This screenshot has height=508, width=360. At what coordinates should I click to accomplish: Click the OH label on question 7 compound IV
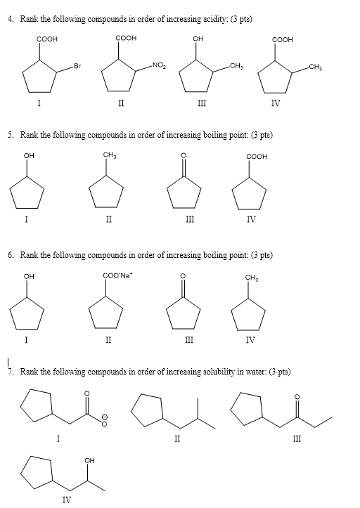(88, 461)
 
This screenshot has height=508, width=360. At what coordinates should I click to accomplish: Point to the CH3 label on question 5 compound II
(110, 156)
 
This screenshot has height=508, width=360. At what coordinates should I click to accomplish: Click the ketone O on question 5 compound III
(184, 157)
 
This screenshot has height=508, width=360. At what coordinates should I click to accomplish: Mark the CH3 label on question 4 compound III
(236, 67)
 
